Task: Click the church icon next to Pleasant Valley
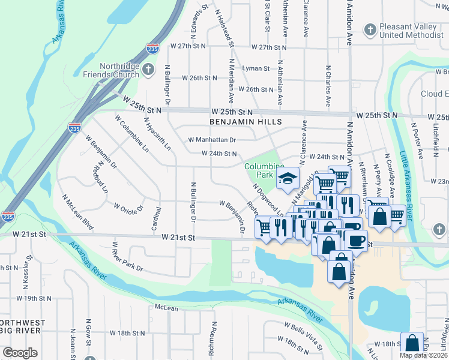[370, 28]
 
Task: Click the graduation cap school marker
[288, 178]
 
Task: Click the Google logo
[20, 353]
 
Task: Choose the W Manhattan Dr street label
[212, 140]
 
